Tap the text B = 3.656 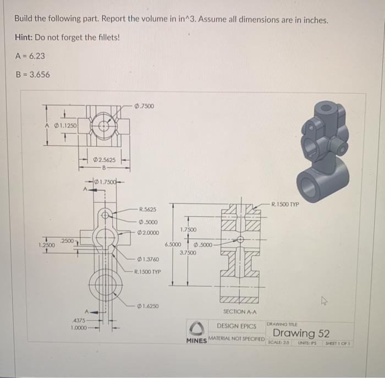coord(32,74)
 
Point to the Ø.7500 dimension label coord(144,106)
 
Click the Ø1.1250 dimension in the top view coord(64,124)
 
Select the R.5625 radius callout coord(147,209)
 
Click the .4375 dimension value coord(79,320)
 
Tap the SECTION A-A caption coord(240,311)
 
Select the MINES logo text coord(196,341)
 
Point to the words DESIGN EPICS coord(237,326)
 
